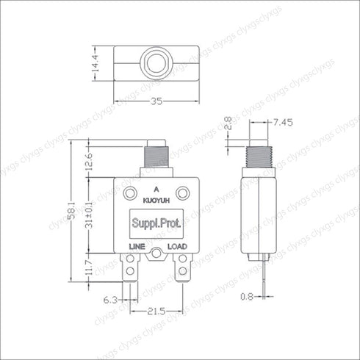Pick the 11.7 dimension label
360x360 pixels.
tap(90, 267)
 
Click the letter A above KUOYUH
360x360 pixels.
tap(155, 189)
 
